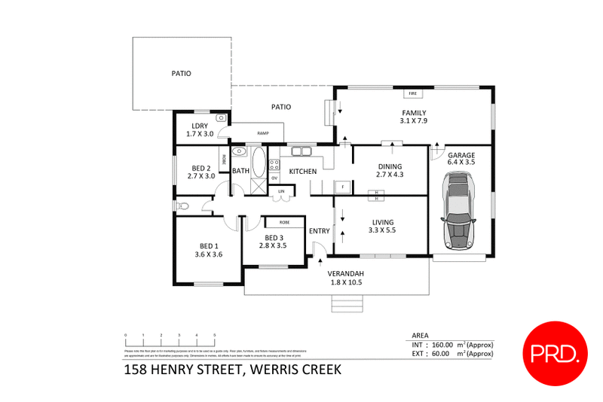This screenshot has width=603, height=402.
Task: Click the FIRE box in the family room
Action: click(412, 93)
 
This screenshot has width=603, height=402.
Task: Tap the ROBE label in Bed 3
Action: click(284, 223)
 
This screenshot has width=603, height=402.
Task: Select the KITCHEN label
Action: click(303, 172)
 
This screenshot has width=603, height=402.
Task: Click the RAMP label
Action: click(263, 133)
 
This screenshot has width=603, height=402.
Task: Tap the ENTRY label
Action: click(319, 230)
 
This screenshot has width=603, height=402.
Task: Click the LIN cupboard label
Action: click(281, 191)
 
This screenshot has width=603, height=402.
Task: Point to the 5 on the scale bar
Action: click(215, 334)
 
